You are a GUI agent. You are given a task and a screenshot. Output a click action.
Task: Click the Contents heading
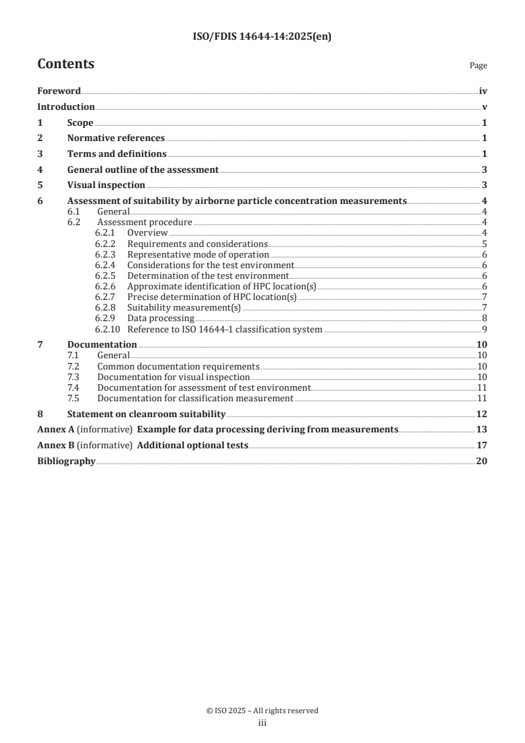pos(66,64)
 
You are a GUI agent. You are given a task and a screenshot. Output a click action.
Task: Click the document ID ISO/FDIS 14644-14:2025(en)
pos(262,37)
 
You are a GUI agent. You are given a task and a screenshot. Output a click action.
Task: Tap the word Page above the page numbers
pos(478,66)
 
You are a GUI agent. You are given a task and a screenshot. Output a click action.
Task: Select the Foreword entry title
pos(59,91)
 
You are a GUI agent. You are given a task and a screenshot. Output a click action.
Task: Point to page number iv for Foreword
pos(483,91)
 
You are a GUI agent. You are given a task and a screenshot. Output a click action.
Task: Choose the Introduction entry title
pos(66,107)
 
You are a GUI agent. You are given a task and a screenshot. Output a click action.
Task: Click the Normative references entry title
pos(116,138)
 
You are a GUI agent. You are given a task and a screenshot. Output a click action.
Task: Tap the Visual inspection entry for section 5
pos(106,185)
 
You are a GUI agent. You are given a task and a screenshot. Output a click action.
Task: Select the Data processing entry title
pos(161,318)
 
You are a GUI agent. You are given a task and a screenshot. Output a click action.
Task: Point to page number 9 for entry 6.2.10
pos(485,329)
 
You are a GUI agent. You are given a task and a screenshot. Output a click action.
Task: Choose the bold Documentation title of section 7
pos(102,344)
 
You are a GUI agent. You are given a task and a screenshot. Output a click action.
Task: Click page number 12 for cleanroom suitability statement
pos(482,414)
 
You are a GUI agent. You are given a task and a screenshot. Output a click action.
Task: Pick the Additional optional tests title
pos(192,446)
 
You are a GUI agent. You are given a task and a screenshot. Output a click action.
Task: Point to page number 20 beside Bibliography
pos(482,462)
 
